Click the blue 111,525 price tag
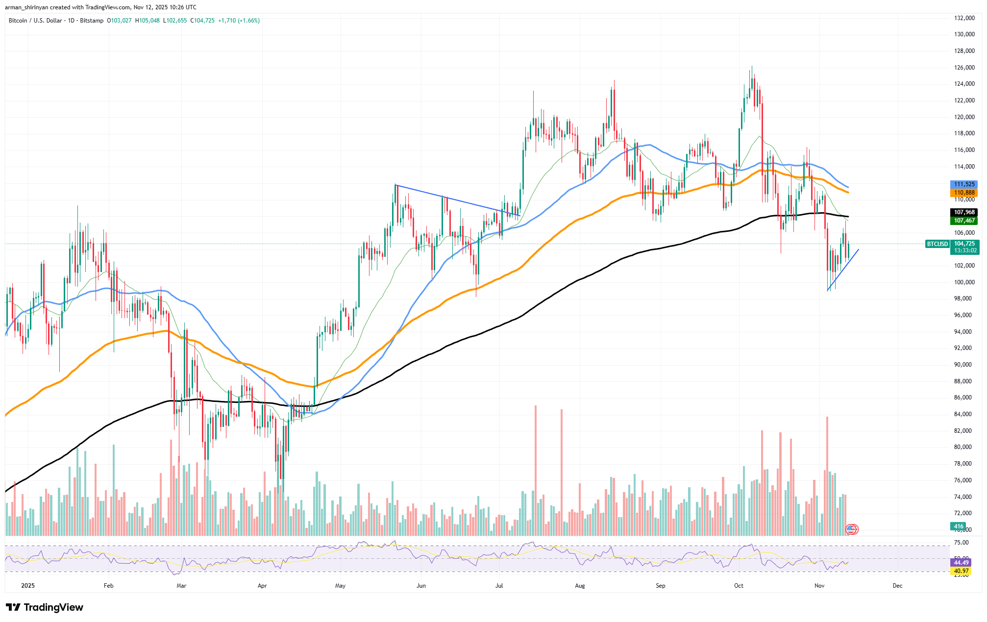(x=963, y=184)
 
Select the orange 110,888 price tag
(x=963, y=193)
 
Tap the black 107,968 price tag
(x=963, y=212)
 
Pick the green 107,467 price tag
(x=963, y=221)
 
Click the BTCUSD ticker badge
(x=937, y=244)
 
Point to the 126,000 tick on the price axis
(x=963, y=68)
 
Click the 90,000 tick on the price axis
(x=963, y=365)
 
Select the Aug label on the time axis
(x=580, y=586)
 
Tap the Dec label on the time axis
(x=897, y=586)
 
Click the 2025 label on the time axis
(x=28, y=586)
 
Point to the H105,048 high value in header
(x=147, y=21)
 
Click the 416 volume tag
(x=958, y=526)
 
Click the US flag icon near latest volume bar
(x=852, y=529)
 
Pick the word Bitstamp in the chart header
(x=92, y=21)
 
